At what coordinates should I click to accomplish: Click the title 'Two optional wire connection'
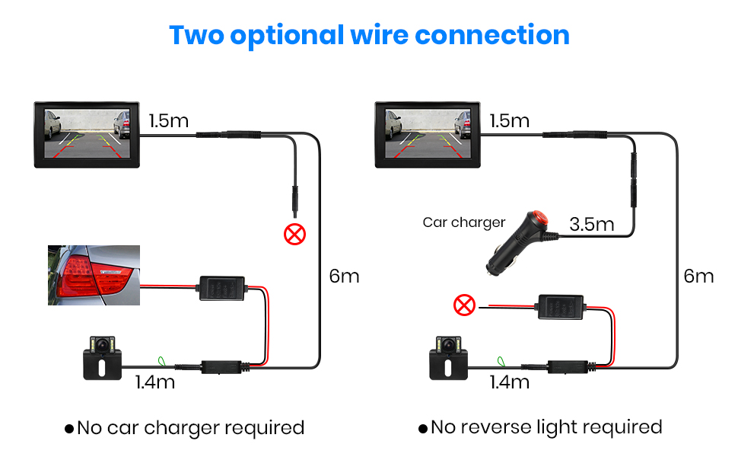[x=369, y=35]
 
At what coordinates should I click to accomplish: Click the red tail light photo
[x=94, y=275]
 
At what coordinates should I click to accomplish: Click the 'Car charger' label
[x=463, y=222]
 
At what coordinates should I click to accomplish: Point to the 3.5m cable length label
[x=591, y=224]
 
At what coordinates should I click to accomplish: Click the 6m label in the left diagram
[x=344, y=276]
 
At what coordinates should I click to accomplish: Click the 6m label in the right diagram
[x=698, y=276]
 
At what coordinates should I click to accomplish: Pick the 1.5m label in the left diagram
[x=169, y=121]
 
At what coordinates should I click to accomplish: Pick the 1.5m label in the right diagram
[x=510, y=121]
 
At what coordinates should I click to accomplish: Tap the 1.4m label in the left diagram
[x=155, y=382]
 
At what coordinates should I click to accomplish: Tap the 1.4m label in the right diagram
[x=509, y=382]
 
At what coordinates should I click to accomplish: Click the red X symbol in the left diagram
[x=294, y=233]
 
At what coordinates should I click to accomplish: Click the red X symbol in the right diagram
[x=463, y=306]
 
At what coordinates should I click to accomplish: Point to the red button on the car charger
[x=541, y=216]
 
